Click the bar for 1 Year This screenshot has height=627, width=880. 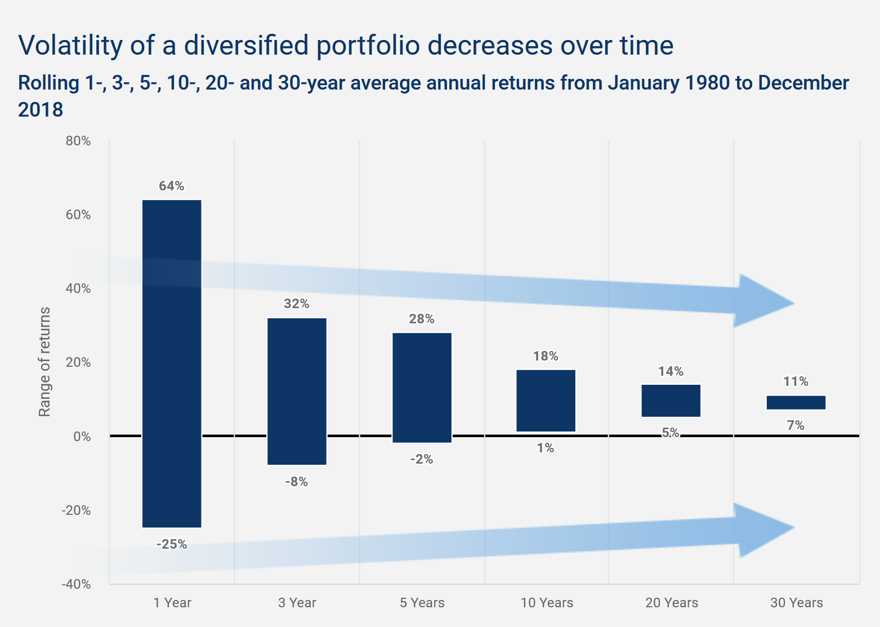pyautogui.click(x=172, y=363)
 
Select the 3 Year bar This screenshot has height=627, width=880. pyautogui.click(x=297, y=392)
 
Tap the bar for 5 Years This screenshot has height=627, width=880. pyautogui.click(x=422, y=388)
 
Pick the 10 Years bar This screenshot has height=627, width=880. pyautogui.click(x=546, y=401)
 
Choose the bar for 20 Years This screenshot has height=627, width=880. pyautogui.click(x=671, y=401)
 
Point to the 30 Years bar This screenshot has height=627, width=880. pyautogui.click(x=796, y=402)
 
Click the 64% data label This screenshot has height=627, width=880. pyautogui.click(x=172, y=186)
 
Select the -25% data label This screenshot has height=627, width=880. pyautogui.click(x=172, y=544)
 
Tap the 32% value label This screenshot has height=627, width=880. pyautogui.click(x=297, y=304)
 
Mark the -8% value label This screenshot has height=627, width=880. pyautogui.click(x=297, y=482)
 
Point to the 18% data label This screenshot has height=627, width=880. pyautogui.click(x=546, y=356)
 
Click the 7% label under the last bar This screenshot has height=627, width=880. pyautogui.click(x=796, y=426)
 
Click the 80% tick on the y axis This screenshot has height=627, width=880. pyautogui.click(x=78, y=141)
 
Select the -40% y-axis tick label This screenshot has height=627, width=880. pyautogui.click(x=76, y=584)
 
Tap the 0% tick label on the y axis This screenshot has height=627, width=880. pyautogui.click(x=82, y=437)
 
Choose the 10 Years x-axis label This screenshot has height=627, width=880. pyautogui.click(x=547, y=603)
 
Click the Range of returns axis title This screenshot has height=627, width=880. pyautogui.click(x=44, y=362)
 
